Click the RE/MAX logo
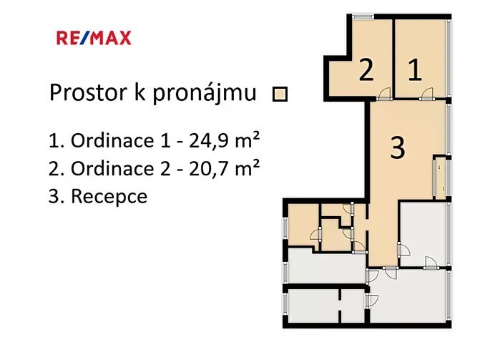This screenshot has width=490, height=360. click(x=94, y=38)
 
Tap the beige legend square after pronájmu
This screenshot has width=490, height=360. click(x=280, y=94)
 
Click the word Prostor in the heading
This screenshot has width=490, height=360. click(x=89, y=92)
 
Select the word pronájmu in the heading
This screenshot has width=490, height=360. click(x=205, y=94)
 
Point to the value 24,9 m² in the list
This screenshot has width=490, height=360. click(x=225, y=141)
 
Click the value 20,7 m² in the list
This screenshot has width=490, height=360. click(x=225, y=169)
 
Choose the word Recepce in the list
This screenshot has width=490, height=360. click(x=109, y=197)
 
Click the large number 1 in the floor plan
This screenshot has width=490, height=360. click(x=415, y=70)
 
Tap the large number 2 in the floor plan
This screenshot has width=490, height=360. click(x=366, y=70)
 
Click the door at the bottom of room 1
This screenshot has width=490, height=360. click(x=426, y=94)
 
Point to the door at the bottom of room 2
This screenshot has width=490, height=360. click(x=383, y=94)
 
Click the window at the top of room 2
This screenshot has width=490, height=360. click(x=363, y=16)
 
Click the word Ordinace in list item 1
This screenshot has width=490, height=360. click(x=112, y=141)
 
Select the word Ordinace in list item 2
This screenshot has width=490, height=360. click(x=112, y=169)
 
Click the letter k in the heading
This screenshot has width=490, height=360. click(x=140, y=92)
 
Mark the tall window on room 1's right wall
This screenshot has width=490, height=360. click(x=449, y=58)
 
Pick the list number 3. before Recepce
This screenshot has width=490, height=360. click(x=57, y=197)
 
